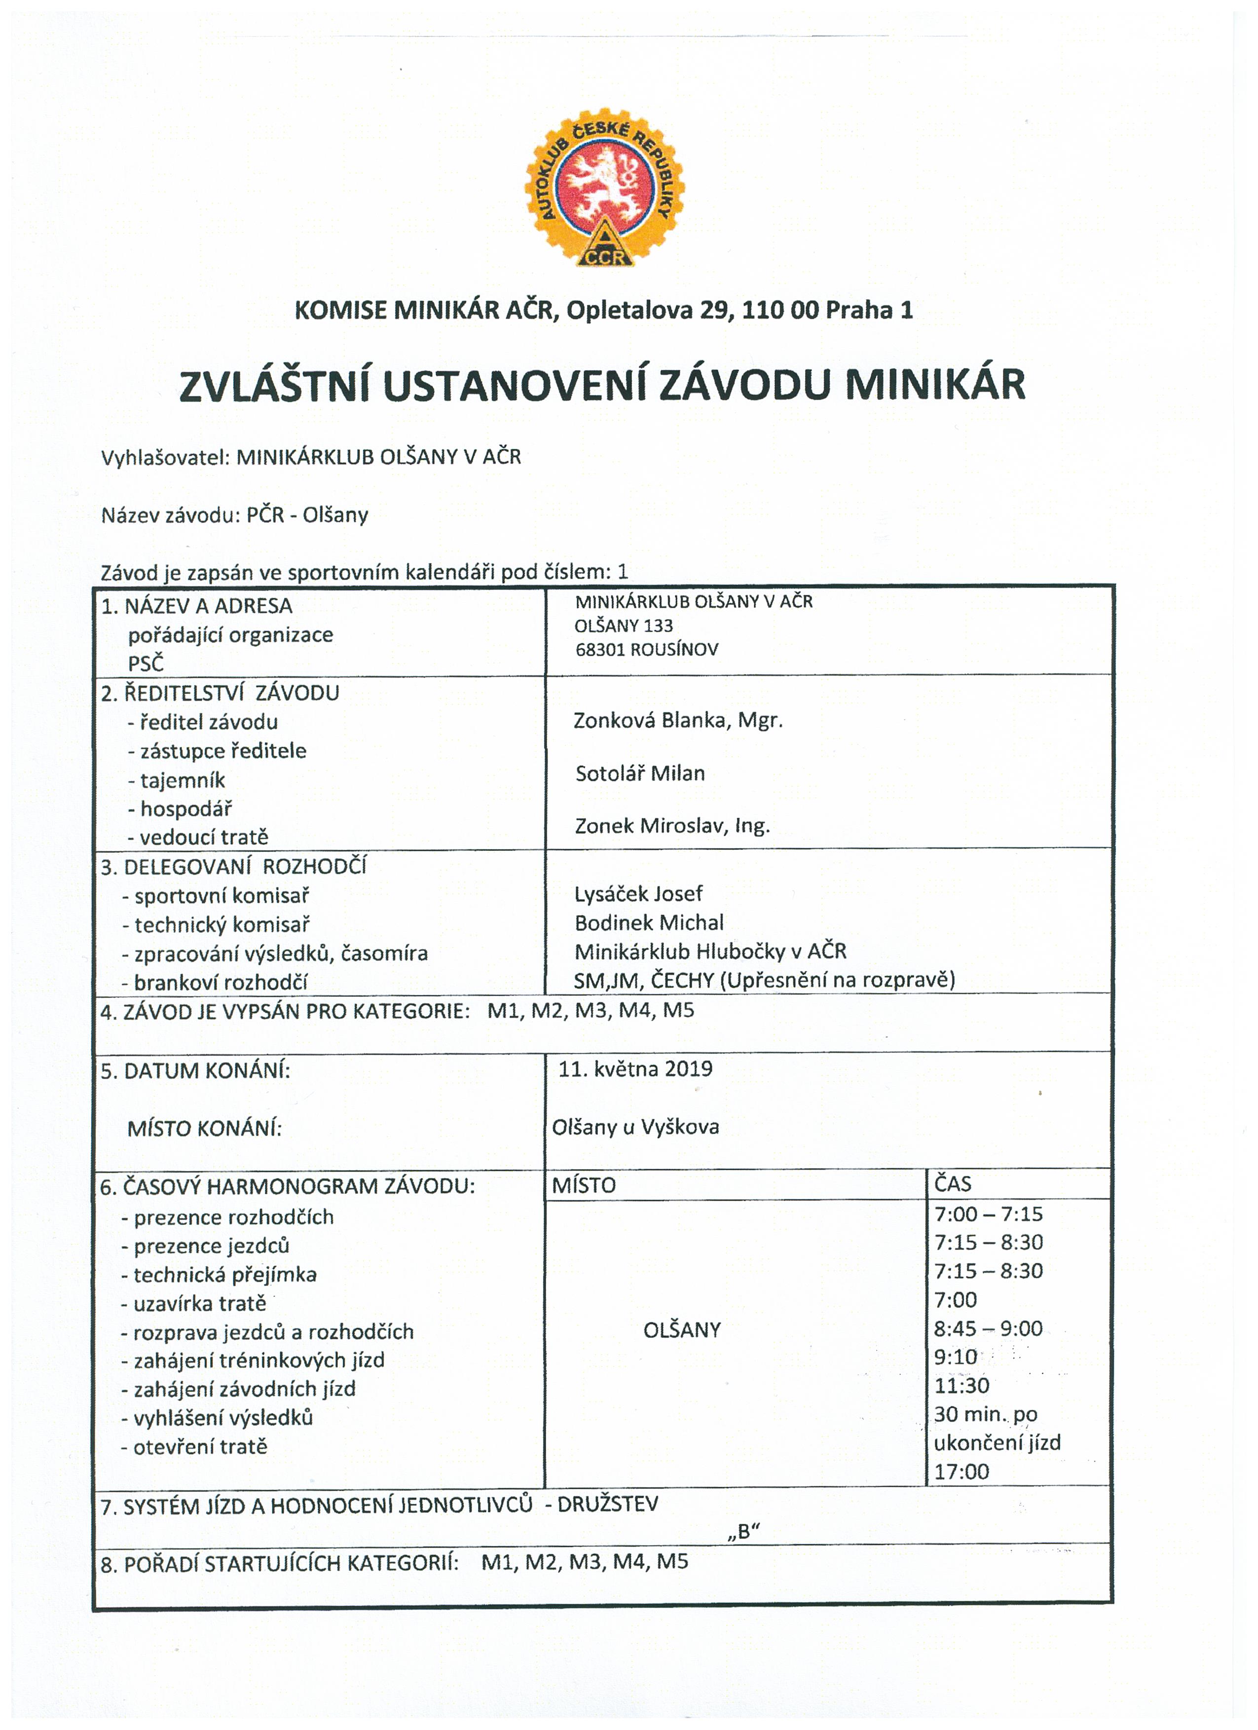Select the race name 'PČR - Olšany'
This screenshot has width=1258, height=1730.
click(x=307, y=515)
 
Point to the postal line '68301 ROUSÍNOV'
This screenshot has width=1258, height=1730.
click(x=646, y=650)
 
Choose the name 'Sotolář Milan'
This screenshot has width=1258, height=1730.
click(x=639, y=773)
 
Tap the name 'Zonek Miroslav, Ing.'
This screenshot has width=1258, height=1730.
click(x=671, y=825)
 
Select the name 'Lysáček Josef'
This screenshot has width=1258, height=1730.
click(x=638, y=893)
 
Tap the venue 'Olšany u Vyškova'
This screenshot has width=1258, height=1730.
click(x=635, y=1127)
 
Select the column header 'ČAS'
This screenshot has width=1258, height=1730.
click(x=952, y=1184)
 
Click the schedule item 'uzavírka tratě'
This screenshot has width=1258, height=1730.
click(x=200, y=1304)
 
